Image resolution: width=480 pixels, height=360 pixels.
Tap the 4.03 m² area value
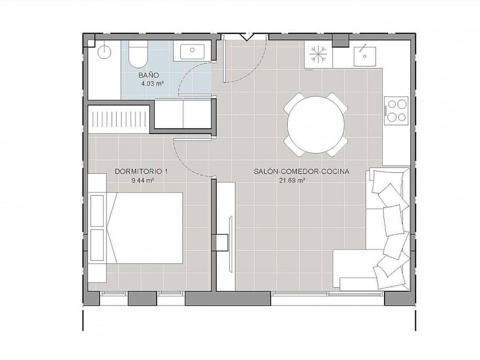click(x=152, y=84)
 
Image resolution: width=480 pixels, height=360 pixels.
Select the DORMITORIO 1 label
click(x=141, y=172)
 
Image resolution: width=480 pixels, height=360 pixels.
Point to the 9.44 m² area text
click(x=141, y=180)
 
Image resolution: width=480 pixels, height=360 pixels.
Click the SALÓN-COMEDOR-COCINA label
click(x=301, y=172)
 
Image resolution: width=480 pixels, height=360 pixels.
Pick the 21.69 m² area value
click(x=292, y=180)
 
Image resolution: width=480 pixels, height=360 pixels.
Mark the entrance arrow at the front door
click(x=246, y=37)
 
